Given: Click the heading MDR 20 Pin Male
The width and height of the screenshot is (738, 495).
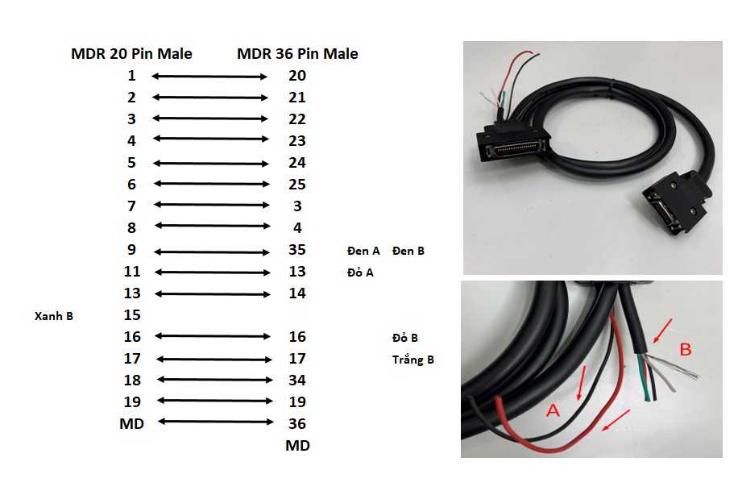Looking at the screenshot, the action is coord(131,54).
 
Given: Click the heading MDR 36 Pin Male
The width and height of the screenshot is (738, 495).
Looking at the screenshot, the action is coord(297,54).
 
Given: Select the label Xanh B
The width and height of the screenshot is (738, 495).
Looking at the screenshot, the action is coord(54,316).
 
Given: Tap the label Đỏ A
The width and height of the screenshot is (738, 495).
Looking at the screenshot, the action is coord(360,272).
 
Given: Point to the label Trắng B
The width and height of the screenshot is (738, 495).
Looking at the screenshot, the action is coord(413,360).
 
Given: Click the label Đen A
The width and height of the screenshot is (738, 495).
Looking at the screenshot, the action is coord(363,251).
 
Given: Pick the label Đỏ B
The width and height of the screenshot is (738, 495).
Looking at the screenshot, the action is coord(404,338).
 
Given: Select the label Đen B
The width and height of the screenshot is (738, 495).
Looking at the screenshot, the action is coord(408,251).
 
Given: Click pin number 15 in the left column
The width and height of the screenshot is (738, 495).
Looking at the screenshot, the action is coord(132,315).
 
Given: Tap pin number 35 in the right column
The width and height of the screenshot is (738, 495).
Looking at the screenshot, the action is coord(297,250).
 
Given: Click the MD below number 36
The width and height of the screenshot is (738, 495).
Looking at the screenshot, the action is coord(297,445).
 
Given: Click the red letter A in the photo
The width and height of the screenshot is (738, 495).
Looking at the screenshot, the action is coord(554,411).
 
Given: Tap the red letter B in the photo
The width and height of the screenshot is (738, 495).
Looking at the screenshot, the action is coord(686,349).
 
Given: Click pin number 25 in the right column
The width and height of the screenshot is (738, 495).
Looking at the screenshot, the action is coord(297,185).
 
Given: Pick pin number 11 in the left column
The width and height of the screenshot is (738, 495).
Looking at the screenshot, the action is coord(132,272).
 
